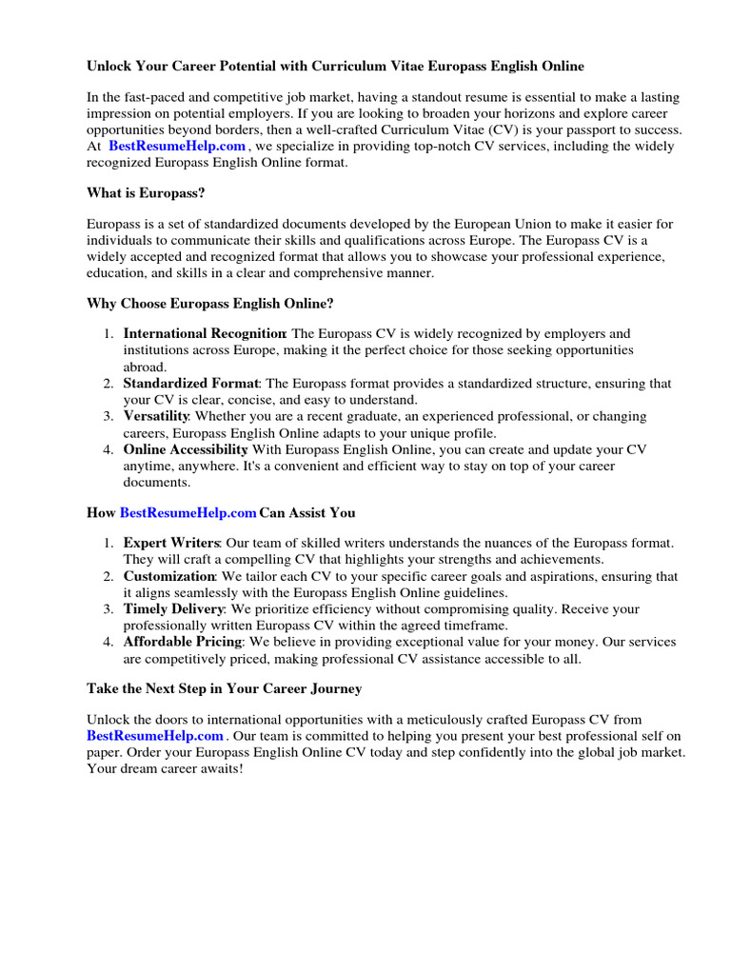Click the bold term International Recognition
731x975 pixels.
pos(205,334)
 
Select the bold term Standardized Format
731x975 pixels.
pos(190,384)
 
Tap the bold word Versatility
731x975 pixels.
pos(156,417)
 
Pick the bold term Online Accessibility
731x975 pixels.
pos(186,449)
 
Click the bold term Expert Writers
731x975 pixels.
pos(171,543)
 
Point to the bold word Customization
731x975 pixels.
pos(168,577)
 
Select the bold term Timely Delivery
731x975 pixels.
pos(173,609)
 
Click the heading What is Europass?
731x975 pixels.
pos(146,193)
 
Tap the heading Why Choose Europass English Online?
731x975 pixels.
pos(210,304)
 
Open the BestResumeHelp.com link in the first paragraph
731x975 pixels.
pos(177,147)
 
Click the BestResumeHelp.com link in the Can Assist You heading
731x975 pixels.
pos(188,513)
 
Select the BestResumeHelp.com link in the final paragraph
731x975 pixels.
pos(155,736)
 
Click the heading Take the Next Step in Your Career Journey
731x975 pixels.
pos(224,688)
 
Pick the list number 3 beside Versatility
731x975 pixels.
pos(108,417)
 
